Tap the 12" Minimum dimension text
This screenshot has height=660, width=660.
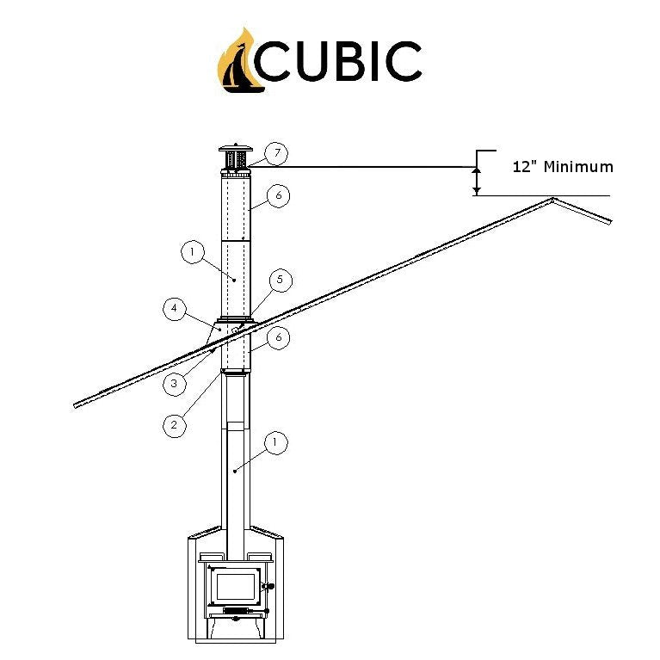point(563,167)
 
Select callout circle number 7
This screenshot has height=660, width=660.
point(275,154)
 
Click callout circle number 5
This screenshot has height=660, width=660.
point(279,280)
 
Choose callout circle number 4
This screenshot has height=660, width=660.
point(174,308)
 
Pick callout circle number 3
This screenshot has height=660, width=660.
point(174,383)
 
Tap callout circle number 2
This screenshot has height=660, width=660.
point(174,424)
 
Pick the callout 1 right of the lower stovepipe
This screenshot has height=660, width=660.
point(275,442)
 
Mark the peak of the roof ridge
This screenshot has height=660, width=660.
point(552,200)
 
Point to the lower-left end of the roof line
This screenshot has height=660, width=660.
point(77,404)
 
